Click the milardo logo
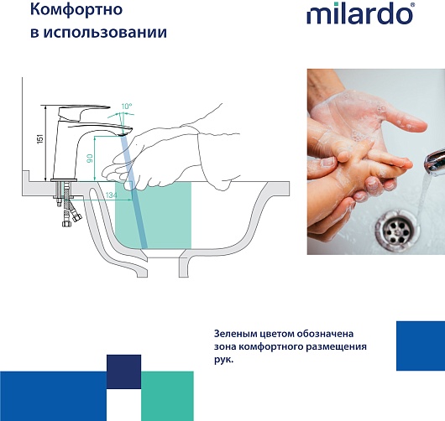pyautogui.click(x=360, y=13)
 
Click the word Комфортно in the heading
pyautogui.click(x=76, y=10)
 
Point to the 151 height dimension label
pyautogui.click(x=40, y=138)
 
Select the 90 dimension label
pyautogui.click(x=90, y=159)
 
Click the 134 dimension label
pyautogui.click(x=111, y=195)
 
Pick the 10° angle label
pyautogui.click(x=127, y=107)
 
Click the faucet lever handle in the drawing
pyautogui.click(x=83, y=112)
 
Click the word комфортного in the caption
pyautogui.click(x=271, y=346)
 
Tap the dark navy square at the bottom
pyautogui.click(x=123, y=372)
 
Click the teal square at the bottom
pyautogui.click(x=167, y=396)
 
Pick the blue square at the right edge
pyautogui.click(x=421, y=346)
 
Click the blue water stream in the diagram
pyautogui.click(x=134, y=192)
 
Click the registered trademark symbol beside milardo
pyautogui.click(x=412, y=5)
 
